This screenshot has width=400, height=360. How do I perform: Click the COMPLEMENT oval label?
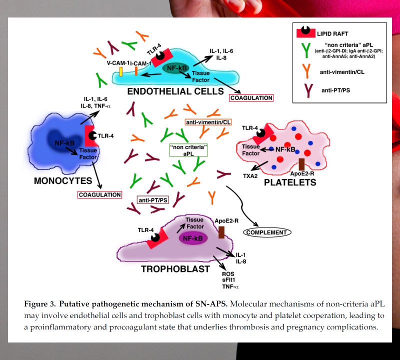(267, 232)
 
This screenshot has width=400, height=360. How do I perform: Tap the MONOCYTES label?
(63, 180)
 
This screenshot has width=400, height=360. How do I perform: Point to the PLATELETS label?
(290, 182)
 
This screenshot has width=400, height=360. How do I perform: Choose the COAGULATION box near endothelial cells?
(251, 98)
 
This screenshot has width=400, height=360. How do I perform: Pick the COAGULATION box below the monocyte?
(100, 194)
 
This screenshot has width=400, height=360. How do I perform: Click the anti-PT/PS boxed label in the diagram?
(153, 200)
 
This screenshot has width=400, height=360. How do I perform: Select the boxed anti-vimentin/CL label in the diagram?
(208, 122)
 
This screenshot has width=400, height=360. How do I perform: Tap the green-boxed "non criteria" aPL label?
(188, 150)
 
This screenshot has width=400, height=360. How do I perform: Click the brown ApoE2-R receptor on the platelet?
(301, 164)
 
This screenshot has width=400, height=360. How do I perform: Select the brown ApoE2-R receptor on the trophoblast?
(221, 231)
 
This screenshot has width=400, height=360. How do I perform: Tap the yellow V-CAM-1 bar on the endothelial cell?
(121, 71)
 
